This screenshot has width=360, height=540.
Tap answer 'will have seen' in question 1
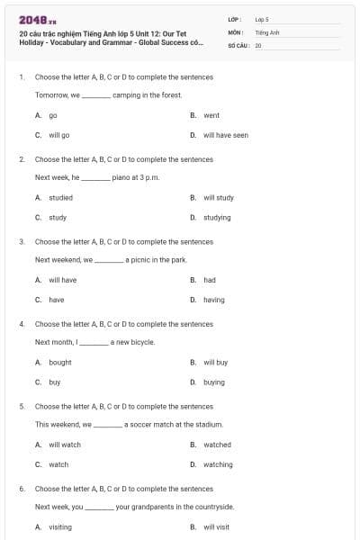(x=225, y=135)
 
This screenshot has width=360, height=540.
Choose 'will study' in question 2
(x=218, y=197)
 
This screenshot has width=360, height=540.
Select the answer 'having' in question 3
(x=213, y=300)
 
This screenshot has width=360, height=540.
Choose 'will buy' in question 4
(x=215, y=362)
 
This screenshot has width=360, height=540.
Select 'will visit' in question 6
(x=216, y=526)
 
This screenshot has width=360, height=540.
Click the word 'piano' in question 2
(x=121, y=177)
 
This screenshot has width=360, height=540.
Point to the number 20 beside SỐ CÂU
(x=258, y=44)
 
